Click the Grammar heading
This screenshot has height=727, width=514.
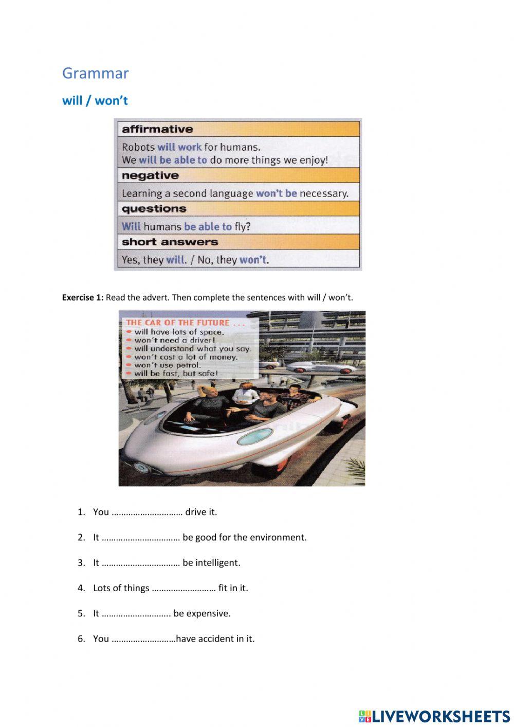(95, 73)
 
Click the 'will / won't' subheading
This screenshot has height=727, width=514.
(95, 100)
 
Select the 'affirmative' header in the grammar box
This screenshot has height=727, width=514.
(157, 129)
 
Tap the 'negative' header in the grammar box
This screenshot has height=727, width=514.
(150, 175)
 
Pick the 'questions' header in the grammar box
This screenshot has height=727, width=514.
(154, 208)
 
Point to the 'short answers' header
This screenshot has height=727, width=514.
(170, 242)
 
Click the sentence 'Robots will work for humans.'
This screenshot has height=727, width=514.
(191, 147)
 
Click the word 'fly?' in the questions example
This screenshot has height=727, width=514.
(242, 226)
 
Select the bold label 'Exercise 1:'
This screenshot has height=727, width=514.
(82, 297)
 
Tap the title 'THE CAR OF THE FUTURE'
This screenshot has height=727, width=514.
(177, 323)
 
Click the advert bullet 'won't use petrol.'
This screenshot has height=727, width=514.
(167, 365)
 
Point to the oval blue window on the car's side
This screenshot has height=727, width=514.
(254, 436)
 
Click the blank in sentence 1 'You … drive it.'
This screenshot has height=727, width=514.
(147, 512)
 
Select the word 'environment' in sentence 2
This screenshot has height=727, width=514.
(280, 537)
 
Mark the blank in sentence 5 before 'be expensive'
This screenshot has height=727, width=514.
(136, 614)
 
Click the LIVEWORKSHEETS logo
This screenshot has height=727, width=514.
(434, 716)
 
